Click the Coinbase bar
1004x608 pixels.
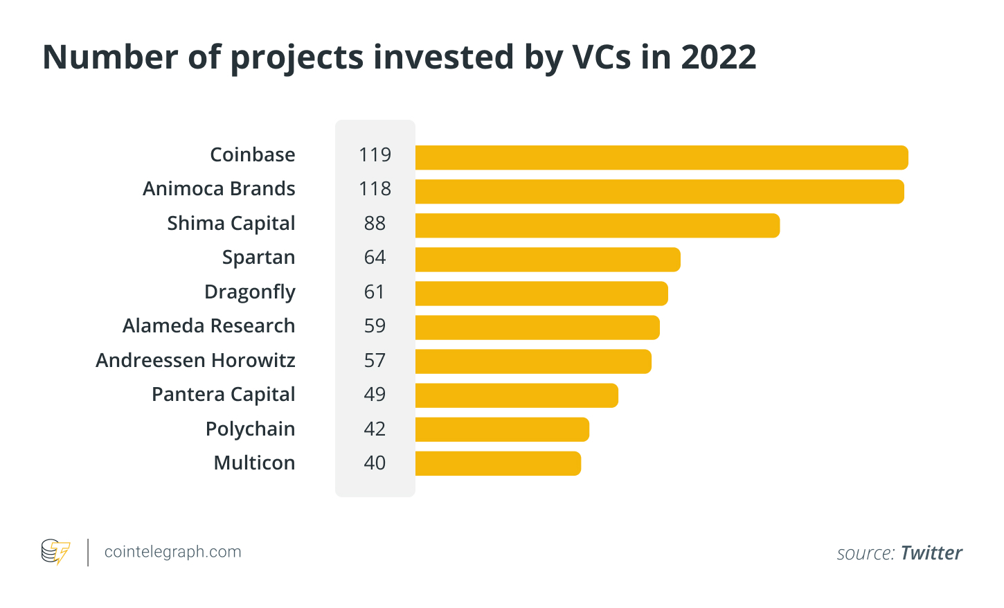pyautogui.click(x=661, y=157)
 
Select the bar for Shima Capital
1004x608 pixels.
pyautogui.click(x=597, y=226)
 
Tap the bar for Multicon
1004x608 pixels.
pyautogui.click(x=498, y=463)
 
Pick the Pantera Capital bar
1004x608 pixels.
pyautogui.click(x=517, y=395)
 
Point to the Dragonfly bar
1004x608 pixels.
pyautogui.click(x=541, y=294)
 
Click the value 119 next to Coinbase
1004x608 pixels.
pyautogui.click(x=375, y=154)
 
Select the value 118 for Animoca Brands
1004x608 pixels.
pyautogui.click(x=375, y=188)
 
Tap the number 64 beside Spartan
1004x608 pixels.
pyautogui.click(x=375, y=257)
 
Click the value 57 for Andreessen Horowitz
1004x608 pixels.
pyautogui.click(x=375, y=360)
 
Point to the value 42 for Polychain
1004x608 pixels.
pyautogui.click(x=375, y=429)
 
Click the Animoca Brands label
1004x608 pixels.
pyautogui.click(x=219, y=188)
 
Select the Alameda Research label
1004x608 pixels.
pyautogui.click(x=208, y=325)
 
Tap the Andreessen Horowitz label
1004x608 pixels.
pyautogui.click(x=195, y=360)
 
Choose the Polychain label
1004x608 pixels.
pyautogui.click(x=250, y=429)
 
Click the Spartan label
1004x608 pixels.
pyautogui.click(x=258, y=258)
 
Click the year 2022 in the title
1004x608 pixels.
pyautogui.click(x=718, y=57)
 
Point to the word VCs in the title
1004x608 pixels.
pyautogui.click(x=601, y=57)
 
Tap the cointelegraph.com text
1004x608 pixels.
pyautogui.click(x=172, y=552)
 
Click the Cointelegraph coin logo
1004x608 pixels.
pyautogui.click(x=55, y=552)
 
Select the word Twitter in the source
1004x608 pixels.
pyautogui.click(x=931, y=553)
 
